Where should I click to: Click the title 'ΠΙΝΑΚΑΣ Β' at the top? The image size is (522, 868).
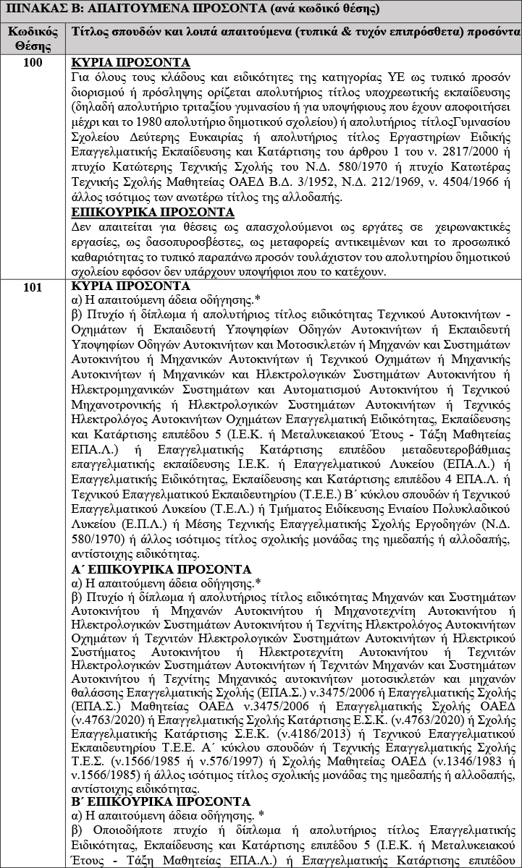click(43, 11)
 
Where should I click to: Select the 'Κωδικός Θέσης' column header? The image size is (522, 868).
click(32, 40)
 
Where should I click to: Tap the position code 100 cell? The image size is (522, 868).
click(32, 62)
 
